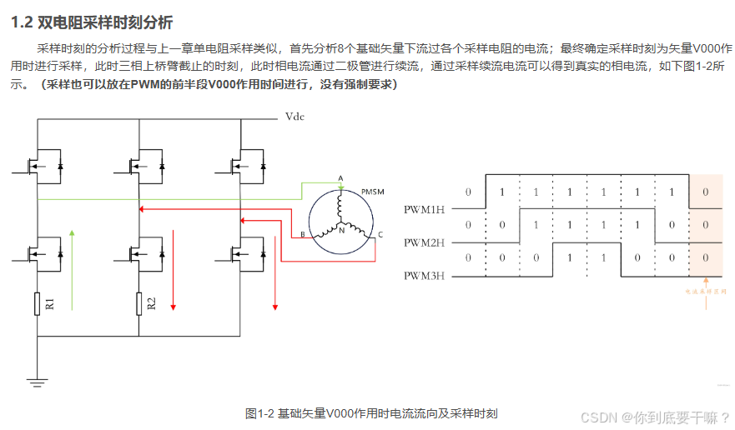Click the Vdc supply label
(x=294, y=117)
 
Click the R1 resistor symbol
(x=38, y=304)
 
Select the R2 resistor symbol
(x=138, y=304)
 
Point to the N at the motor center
(x=341, y=229)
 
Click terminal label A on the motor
(x=340, y=178)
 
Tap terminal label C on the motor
(x=380, y=235)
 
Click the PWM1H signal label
(x=425, y=208)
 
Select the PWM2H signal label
(x=425, y=242)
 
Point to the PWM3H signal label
(x=425, y=275)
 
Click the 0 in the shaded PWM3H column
(x=706, y=257)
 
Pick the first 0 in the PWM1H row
(x=468, y=192)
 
